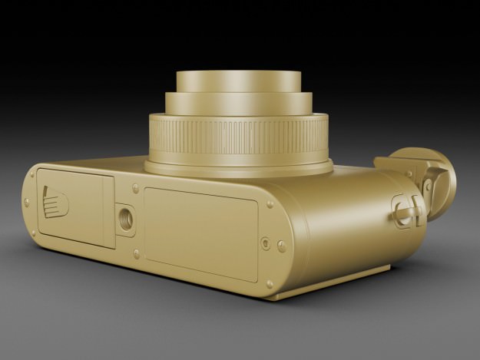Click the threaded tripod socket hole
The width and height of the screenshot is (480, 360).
click(x=126, y=218)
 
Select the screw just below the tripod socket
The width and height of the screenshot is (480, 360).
click(x=136, y=253)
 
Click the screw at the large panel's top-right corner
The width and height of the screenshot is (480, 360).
click(x=270, y=205)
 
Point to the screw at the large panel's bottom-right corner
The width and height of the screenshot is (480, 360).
click(x=270, y=284)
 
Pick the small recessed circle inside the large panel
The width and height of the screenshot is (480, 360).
click(x=266, y=243)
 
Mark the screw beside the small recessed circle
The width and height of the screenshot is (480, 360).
click(x=281, y=246)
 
